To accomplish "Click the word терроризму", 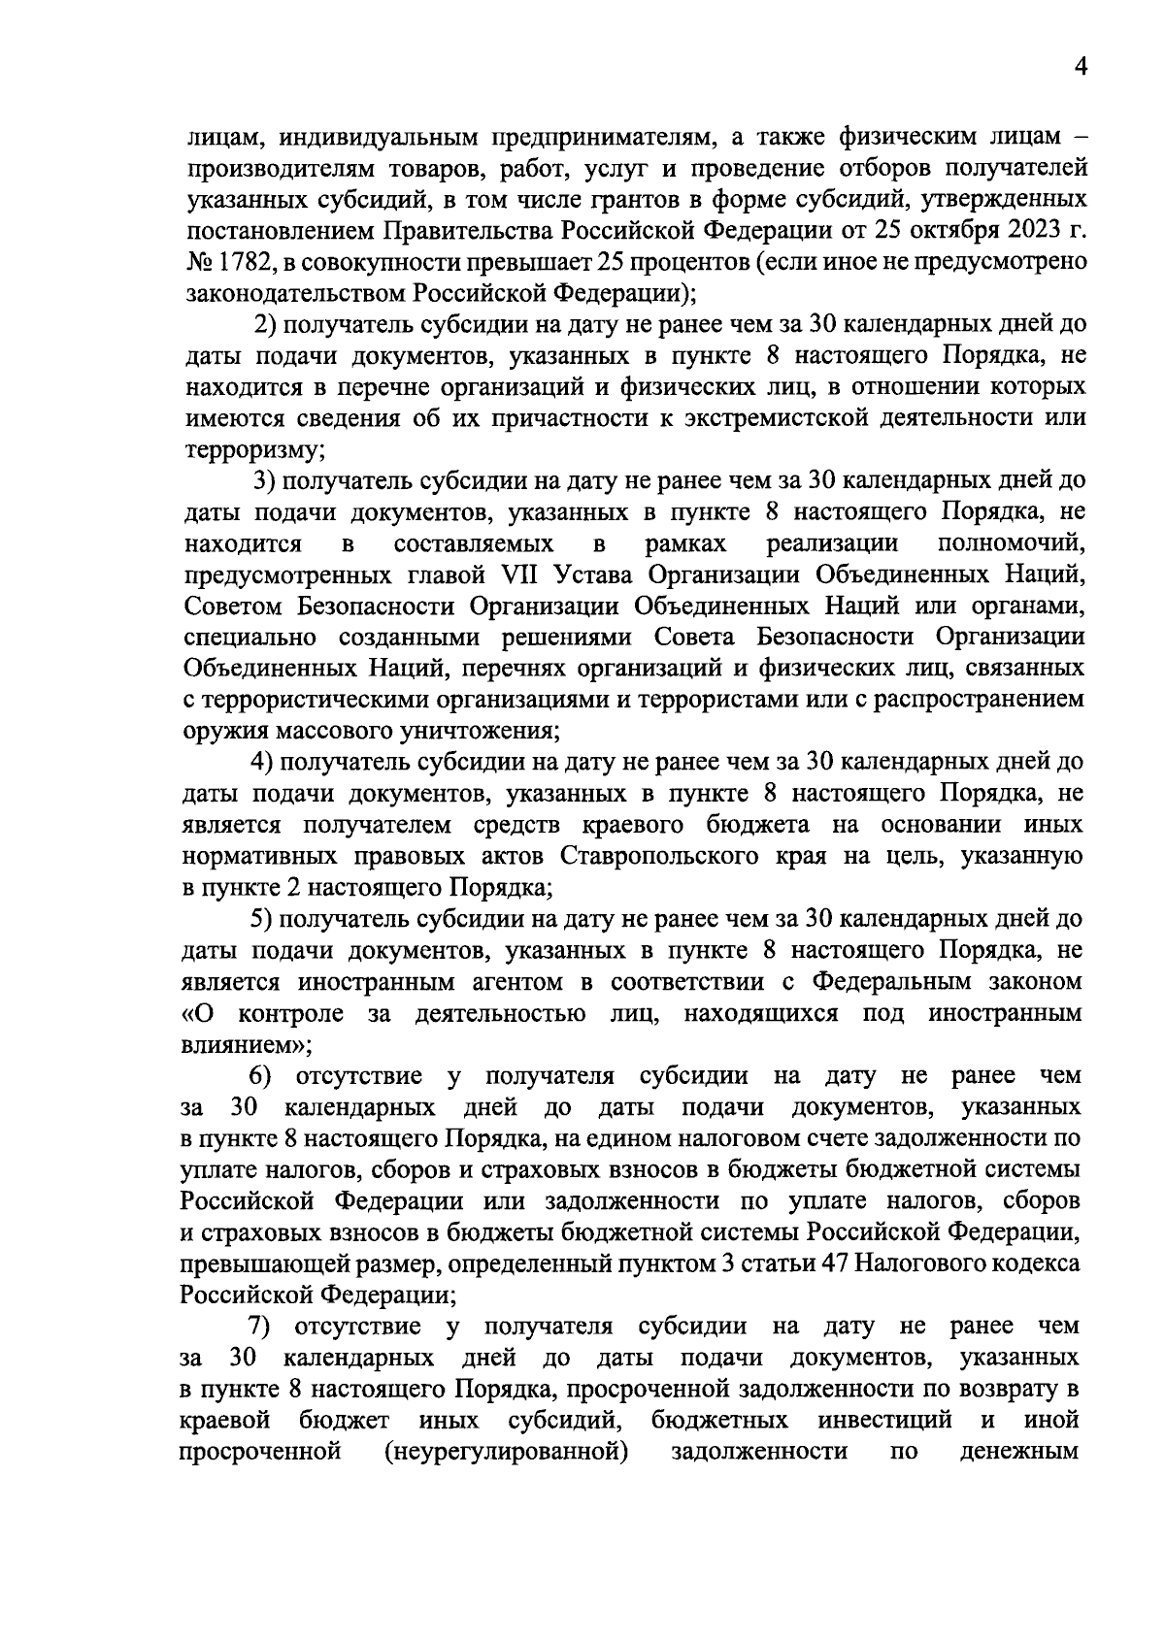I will pos(251,450).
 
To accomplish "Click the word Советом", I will pos(229,607).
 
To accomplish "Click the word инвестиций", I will pos(888,1421).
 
